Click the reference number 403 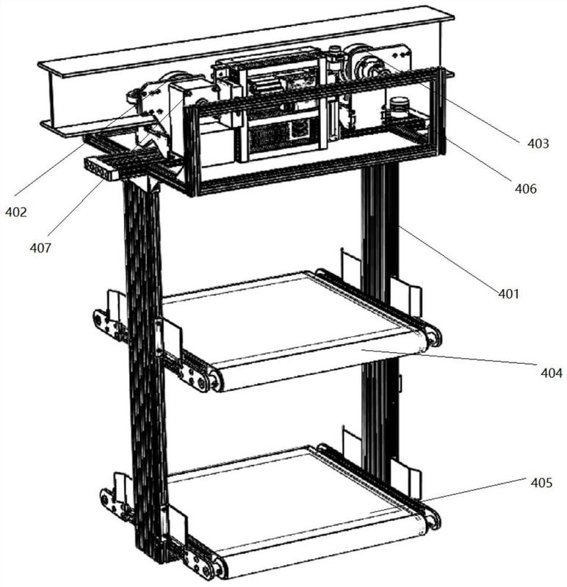pyautogui.click(x=538, y=143)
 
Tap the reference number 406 pyautogui.click(x=525, y=189)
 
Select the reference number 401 pyautogui.click(x=508, y=294)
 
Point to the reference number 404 pyautogui.click(x=552, y=373)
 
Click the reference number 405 pyautogui.click(x=541, y=483)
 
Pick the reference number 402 pyautogui.click(x=16, y=212)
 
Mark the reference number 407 pyautogui.click(x=40, y=247)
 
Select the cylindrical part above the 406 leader pyautogui.click(x=397, y=104)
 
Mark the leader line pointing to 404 pyautogui.click(x=449, y=357)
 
